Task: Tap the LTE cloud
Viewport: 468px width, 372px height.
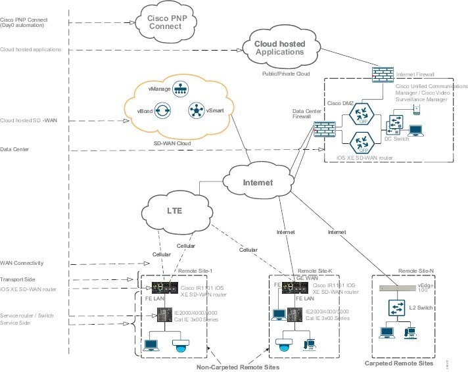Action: click(x=173, y=212)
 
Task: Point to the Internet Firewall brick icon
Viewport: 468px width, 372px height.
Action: click(x=382, y=74)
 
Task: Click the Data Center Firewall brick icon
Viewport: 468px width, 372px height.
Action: click(x=321, y=131)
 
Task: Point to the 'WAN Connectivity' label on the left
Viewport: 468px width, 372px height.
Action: click(x=22, y=263)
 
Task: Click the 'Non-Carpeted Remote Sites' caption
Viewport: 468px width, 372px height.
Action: click(x=238, y=367)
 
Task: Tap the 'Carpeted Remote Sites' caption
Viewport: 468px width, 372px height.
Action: click(x=399, y=363)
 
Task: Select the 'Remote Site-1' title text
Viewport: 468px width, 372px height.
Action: click(x=196, y=270)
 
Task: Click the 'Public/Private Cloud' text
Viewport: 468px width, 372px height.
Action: click(x=285, y=74)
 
